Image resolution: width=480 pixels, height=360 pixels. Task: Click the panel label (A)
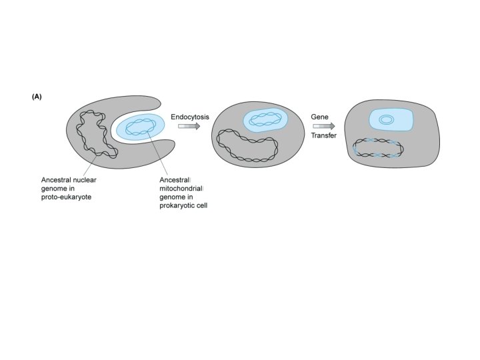(x=37, y=97)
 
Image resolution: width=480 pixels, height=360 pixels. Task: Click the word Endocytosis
(x=190, y=116)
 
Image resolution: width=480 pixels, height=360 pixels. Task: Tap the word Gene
(x=319, y=117)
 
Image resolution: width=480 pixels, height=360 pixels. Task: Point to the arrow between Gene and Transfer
(x=323, y=126)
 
